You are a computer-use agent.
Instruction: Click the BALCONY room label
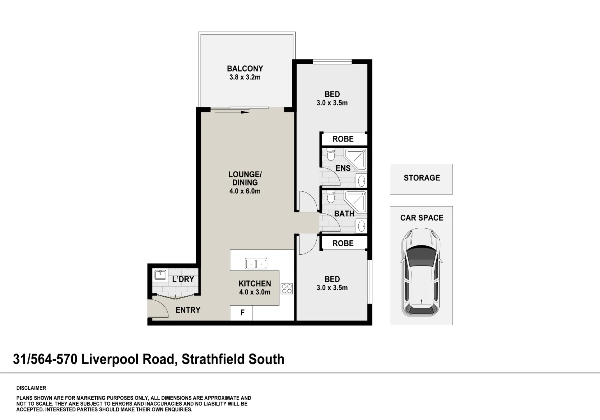pyautogui.click(x=245, y=69)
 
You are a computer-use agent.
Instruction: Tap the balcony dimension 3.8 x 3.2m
pyautogui.click(x=245, y=77)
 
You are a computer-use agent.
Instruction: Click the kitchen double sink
pyautogui.click(x=256, y=264)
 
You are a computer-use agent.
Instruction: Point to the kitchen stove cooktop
pyautogui.click(x=287, y=289)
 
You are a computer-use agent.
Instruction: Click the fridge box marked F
pyautogui.click(x=242, y=313)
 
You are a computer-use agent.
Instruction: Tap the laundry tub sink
pyautogui.click(x=160, y=275)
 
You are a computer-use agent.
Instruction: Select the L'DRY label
pyautogui.click(x=183, y=279)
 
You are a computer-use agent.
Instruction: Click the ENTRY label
pyautogui.click(x=188, y=310)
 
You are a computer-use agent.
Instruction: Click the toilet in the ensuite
pyautogui.click(x=331, y=155)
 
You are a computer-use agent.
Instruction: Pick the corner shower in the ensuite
pyautogui.click(x=355, y=159)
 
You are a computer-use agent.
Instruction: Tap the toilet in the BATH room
pyautogui.click(x=331, y=197)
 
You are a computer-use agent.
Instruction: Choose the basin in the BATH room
pyautogui.click(x=361, y=225)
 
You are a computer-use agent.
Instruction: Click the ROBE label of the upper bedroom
pyautogui.click(x=343, y=139)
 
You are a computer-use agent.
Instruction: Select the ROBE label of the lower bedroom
pyautogui.click(x=343, y=243)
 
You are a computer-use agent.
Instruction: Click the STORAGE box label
pyautogui.click(x=421, y=178)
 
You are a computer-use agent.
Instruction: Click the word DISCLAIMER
pyautogui.click(x=31, y=388)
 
